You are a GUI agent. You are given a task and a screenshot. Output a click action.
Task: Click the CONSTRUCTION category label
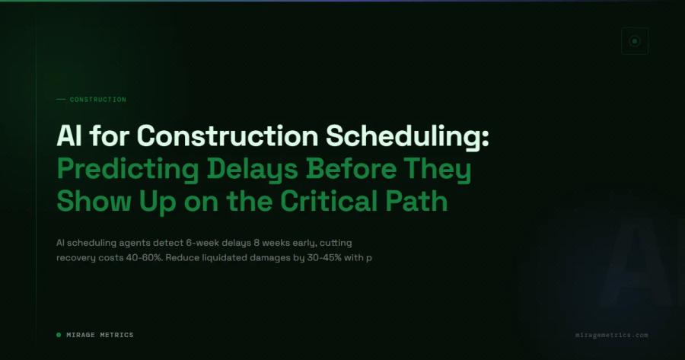click(x=97, y=100)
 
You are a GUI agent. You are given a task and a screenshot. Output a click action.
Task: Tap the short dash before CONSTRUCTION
click(x=61, y=100)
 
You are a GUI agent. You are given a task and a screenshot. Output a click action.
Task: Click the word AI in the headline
click(x=69, y=136)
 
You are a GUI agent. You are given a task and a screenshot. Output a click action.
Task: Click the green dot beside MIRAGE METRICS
click(x=59, y=335)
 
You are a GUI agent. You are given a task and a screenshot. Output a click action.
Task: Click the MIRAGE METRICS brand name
click(x=100, y=335)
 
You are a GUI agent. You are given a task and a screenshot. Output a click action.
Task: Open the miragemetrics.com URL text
click(x=612, y=335)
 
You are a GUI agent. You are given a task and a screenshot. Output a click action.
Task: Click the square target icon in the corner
click(x=634, y=41)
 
